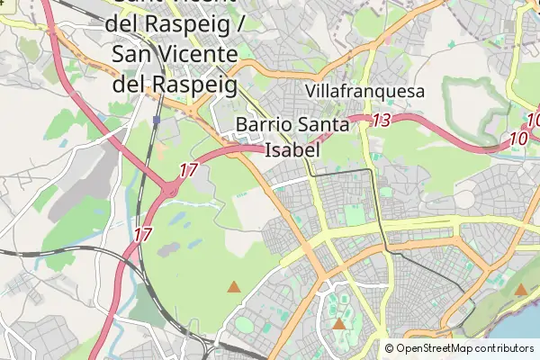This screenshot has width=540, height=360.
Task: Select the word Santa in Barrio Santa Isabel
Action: coord(323,126)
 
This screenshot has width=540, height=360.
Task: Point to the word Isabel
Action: coord(292,149)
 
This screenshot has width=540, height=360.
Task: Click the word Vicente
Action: coord(193,54)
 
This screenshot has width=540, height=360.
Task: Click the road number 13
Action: coord(381,120)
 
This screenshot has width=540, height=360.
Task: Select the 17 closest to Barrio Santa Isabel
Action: coord(188,170)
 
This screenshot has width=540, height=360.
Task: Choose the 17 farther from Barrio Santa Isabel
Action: coord(142,234)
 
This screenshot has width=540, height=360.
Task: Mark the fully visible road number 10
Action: coord(517,139)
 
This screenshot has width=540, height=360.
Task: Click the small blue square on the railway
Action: coord(157,120)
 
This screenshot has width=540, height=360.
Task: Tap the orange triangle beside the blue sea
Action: coord(520,290)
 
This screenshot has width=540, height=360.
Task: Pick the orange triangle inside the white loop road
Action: coord(338,324)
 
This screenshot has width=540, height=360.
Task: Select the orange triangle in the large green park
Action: coord(234,287)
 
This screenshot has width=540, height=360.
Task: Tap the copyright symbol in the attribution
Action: coord(389,348)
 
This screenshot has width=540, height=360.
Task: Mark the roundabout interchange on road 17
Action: coord(169,189)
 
